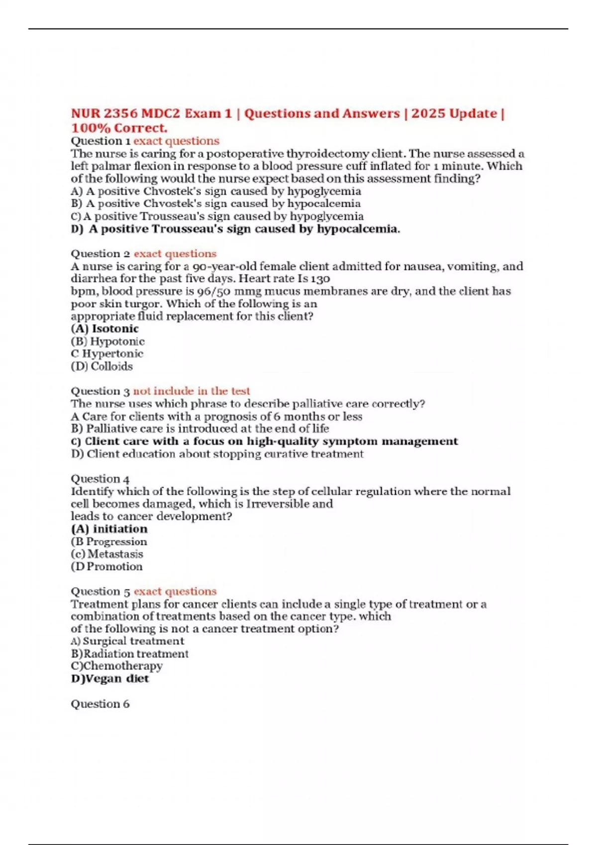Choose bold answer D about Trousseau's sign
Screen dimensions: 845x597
[235, 229]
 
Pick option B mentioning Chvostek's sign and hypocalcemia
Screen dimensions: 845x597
[215, 204]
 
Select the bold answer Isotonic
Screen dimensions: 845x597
[105, 329]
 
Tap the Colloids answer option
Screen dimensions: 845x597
[102, 366]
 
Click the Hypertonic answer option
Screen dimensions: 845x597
[107, 354]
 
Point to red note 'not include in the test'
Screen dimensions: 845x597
[192, 391]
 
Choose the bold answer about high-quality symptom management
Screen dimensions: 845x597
[264, 441]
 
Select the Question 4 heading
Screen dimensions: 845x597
[100, 479]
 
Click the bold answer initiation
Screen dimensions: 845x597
[109, 529]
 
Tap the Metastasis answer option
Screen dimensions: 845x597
[107, 554]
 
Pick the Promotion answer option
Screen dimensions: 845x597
[107, 567]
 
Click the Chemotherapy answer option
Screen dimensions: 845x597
[116, 666]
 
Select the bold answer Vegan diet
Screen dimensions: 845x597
[110, 679]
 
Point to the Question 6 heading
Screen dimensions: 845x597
[100, 704]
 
